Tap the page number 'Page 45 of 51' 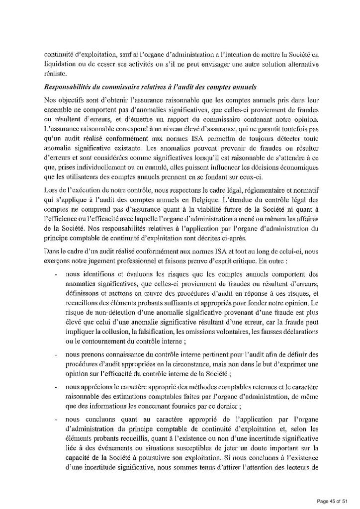(x=333, y=500)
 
